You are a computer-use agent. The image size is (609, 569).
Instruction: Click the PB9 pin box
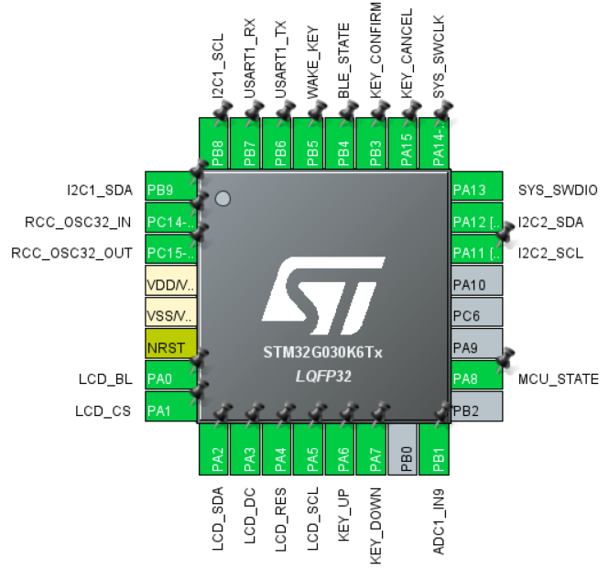pos(171,186)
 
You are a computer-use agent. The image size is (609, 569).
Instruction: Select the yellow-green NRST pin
pos(171,344)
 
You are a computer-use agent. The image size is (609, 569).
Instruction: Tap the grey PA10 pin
pos(477,280)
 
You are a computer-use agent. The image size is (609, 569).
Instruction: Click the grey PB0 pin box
pos(402,449)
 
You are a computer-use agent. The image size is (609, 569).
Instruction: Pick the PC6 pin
pos(477,312)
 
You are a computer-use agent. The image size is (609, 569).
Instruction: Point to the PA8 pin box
pos(477,375)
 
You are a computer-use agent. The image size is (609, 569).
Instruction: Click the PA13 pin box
pos(477,186)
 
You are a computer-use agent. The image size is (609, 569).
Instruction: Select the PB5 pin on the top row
pos(308,144)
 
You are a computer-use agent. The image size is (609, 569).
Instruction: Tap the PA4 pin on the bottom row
pos(277,449)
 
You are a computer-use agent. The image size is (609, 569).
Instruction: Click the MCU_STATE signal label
pos(558,379)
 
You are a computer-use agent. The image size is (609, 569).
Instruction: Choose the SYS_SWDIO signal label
pos(558,190)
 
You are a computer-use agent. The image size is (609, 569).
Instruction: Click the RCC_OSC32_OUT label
pos(71,253)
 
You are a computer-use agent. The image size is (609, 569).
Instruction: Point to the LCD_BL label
pos(105,379)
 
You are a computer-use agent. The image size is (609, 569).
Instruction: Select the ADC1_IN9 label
pos(439,521)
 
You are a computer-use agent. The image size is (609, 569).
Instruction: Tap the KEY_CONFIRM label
pos(375,50)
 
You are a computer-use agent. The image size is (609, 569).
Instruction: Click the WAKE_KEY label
pos(312,62)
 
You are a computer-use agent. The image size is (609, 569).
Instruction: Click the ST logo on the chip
pos(324,295)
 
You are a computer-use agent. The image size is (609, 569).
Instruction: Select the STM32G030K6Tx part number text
pos(322,353)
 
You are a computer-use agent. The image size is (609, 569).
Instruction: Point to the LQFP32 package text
pos(323,377)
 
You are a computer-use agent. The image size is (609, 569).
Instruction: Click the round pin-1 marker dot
pos(223,199)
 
